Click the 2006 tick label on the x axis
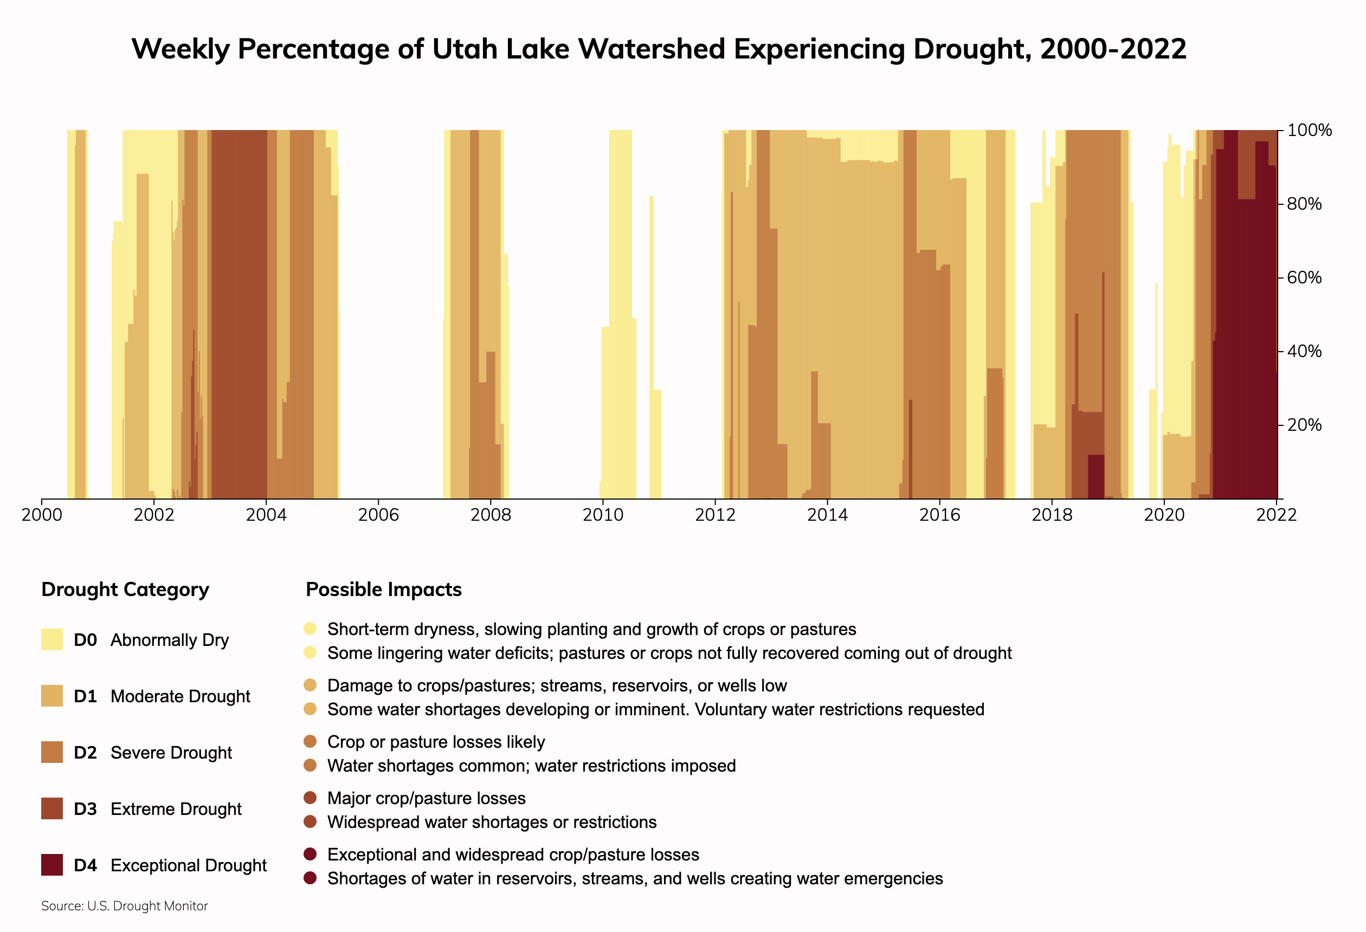(x=378, y=515)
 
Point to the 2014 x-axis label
(x=827, y=515)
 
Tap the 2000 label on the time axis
(x=42, y=515)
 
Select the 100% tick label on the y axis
(x=1309, y=131)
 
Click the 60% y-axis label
(x=1304, y=277)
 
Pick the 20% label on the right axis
(x=1304, y=425)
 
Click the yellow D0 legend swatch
(x=51, y=639)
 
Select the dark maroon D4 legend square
(x=51, y=865)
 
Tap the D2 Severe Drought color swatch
(x=51, y=752)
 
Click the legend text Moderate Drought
(x=180, y=696)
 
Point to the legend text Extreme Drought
(x=176, y=809)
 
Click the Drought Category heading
(x=125, y=590)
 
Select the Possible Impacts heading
(x=384, y=590)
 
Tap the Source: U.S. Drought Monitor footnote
(x=125, y=906)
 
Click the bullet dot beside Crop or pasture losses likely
(x=311, y=742)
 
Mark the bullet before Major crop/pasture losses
(x=311, y=798)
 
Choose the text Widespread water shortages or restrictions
(x=492, y=822)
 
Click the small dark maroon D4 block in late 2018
(x=1096, y=476)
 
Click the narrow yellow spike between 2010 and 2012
(x=651, y=347)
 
